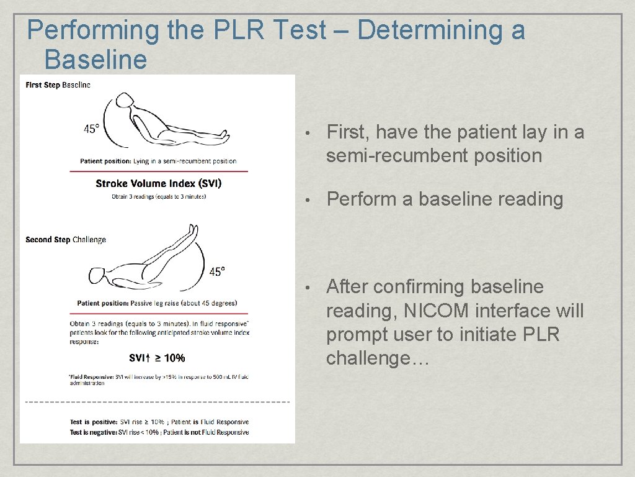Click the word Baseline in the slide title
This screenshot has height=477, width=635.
click(x=95, y=60)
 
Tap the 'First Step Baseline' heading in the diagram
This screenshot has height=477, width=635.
click(x=58, y=85)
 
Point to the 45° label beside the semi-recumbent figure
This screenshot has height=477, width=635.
click(x=91, y=129)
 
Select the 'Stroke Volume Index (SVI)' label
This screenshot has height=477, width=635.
click(x=158, y=183)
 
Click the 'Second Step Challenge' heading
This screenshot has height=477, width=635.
click(x=66, y=240)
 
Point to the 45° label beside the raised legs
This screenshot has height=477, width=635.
click(x=217, y=271)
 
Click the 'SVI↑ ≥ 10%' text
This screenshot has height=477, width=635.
click(x=157, y=358)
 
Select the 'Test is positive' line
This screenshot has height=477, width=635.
click(x=159, y=422)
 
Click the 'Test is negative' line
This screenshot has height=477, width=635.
click(x=159, y=432)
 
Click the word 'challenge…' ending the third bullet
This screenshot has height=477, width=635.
click(x=378, y=358)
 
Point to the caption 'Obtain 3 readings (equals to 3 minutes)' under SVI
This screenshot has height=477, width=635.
click(x=159, y=197)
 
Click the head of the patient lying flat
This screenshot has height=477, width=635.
click(x=98, y=275)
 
